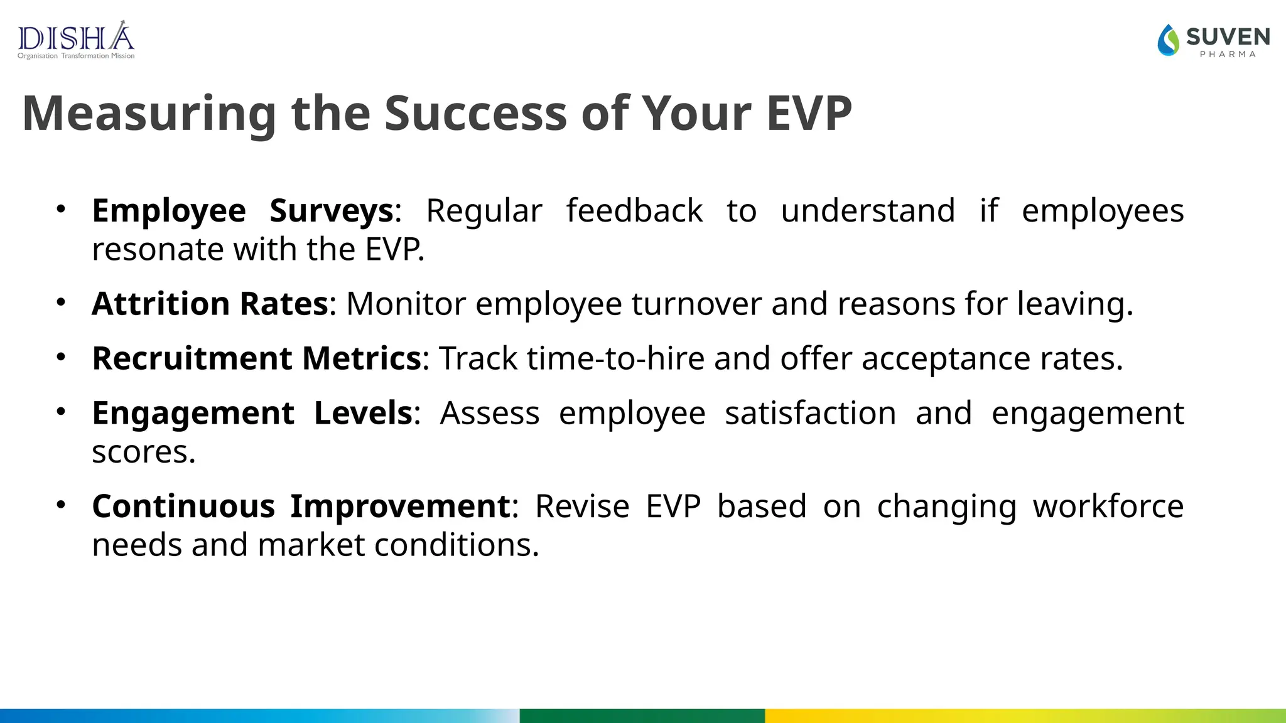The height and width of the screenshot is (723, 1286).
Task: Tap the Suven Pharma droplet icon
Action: point(1169,40)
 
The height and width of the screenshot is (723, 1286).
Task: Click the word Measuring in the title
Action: point(149,114)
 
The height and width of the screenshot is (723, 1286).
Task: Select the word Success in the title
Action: point(475,114)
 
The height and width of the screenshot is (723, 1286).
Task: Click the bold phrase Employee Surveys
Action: point(242,211)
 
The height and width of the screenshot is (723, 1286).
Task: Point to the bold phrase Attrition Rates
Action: point(210,304)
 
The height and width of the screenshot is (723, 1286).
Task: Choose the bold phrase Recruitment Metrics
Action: point(256,358)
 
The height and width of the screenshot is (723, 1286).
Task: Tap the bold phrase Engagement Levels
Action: point(252,414)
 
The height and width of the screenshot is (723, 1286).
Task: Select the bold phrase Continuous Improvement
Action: point(301,506)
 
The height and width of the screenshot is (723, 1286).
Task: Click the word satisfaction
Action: point(810,414)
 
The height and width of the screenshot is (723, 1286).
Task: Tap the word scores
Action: point(143,453)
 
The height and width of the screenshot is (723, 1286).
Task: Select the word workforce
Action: point(1108,506)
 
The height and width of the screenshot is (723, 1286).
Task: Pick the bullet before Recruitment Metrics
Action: point(61,357)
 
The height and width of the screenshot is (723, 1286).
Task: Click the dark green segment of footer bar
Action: point(642,715)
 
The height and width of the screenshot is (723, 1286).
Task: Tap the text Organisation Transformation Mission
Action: point(76,56)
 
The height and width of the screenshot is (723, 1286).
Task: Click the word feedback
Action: point(634,211)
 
